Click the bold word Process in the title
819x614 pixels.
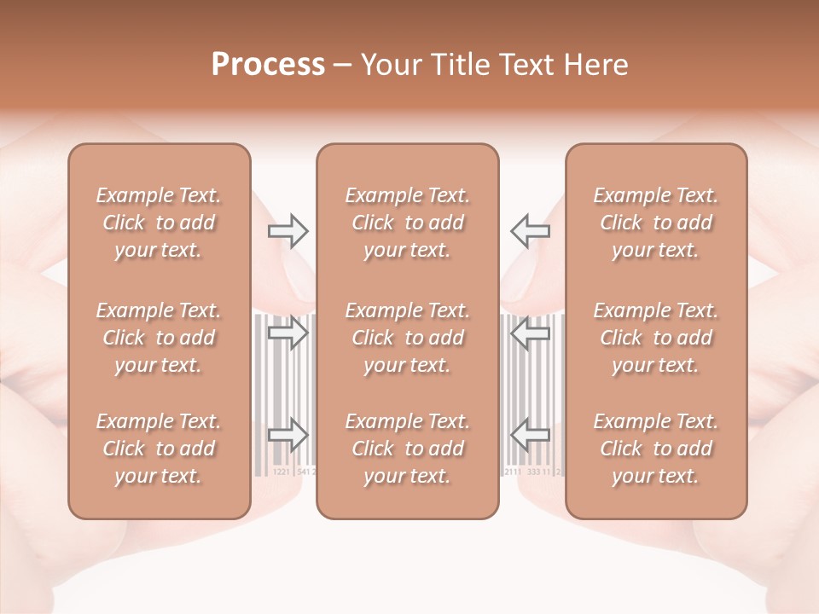pos(268,65)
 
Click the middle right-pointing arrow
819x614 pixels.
pos(288,333)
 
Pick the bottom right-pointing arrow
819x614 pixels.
pos(288,435)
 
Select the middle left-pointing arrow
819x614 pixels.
pos(530,333)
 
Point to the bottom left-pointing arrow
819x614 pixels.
pos(530,435)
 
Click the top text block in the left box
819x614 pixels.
pos(159,223)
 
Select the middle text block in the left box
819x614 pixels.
pos(159,338)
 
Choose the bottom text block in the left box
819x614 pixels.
pos(159,449)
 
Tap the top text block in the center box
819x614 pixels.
pos(408,223)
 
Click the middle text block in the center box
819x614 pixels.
pos(408,338)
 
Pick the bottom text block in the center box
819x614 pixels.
pos(408,449)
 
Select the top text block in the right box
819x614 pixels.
pos(656,223)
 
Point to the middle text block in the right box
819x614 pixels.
pos(656,338)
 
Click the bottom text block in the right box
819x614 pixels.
pos(656,449)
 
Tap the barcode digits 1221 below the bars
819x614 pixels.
pos(281,471)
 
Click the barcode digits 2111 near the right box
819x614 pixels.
pos(514,471)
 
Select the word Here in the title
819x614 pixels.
pos(600,65)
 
